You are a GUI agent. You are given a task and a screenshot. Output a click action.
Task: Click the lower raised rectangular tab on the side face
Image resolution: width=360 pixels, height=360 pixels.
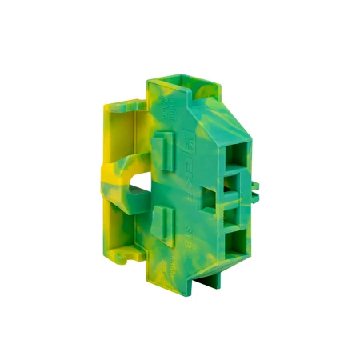[163, 218]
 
